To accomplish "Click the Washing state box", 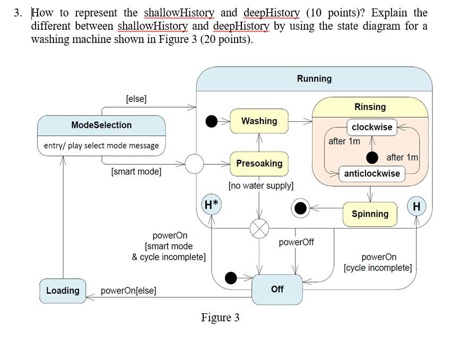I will click(259, 121).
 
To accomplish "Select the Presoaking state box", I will click(259, 163).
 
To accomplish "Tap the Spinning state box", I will click(370, 214).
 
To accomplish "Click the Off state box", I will click(277, 289).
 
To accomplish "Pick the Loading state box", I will click(63, 291).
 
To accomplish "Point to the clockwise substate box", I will click(372, 127).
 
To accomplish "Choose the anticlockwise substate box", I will click(372, 173).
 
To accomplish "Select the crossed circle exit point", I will click(259, 229).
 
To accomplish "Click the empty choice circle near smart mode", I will click(194, 164).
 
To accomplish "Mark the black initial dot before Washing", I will click(212, 121).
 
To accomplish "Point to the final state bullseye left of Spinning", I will click(301, 208).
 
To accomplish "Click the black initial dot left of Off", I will click(231, 277).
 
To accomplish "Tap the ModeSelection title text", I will click(101, 125).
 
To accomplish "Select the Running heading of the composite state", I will click(314, 79).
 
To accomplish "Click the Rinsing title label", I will click(370, 107).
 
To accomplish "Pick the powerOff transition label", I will click(296, 242).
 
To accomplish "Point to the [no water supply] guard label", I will click(260, 186).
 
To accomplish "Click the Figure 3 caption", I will click(220, 318).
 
